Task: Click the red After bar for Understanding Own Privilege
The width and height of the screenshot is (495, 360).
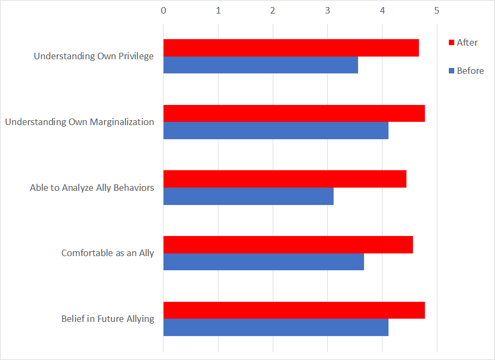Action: [291, 48]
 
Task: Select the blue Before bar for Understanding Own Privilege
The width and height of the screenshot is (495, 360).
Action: [260, 65]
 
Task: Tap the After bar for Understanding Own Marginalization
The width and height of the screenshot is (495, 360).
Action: [294, 113]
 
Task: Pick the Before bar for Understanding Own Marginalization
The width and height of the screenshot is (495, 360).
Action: [275, 131]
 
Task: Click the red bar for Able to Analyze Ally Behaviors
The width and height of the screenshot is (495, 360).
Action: [285, 179]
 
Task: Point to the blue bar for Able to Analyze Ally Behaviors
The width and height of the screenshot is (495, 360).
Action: [248, 196]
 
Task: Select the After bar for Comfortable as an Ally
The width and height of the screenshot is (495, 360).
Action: [288, 245]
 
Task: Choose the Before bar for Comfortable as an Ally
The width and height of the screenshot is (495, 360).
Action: [264, 262]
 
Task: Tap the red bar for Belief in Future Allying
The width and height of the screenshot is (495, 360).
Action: [294, 310]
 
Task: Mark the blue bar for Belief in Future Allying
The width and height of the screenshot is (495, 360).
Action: [275, 327]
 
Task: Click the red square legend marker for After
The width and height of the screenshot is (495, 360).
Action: [450, 42]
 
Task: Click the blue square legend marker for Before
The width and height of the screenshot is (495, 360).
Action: [450, 71]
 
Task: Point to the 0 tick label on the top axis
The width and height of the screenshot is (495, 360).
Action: [164, 10]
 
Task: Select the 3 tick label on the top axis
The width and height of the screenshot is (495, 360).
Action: [327, 10]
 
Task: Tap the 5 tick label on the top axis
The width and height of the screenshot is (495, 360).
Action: [436, 10]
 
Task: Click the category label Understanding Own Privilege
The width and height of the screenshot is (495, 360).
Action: [93, 56]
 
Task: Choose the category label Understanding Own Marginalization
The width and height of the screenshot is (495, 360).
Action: [79, 122]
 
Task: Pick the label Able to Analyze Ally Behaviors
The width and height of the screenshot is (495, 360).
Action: [92, 188]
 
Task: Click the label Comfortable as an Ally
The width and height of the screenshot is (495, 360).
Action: [108, 253]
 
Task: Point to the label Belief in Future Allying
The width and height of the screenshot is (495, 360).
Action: [108, 319]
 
